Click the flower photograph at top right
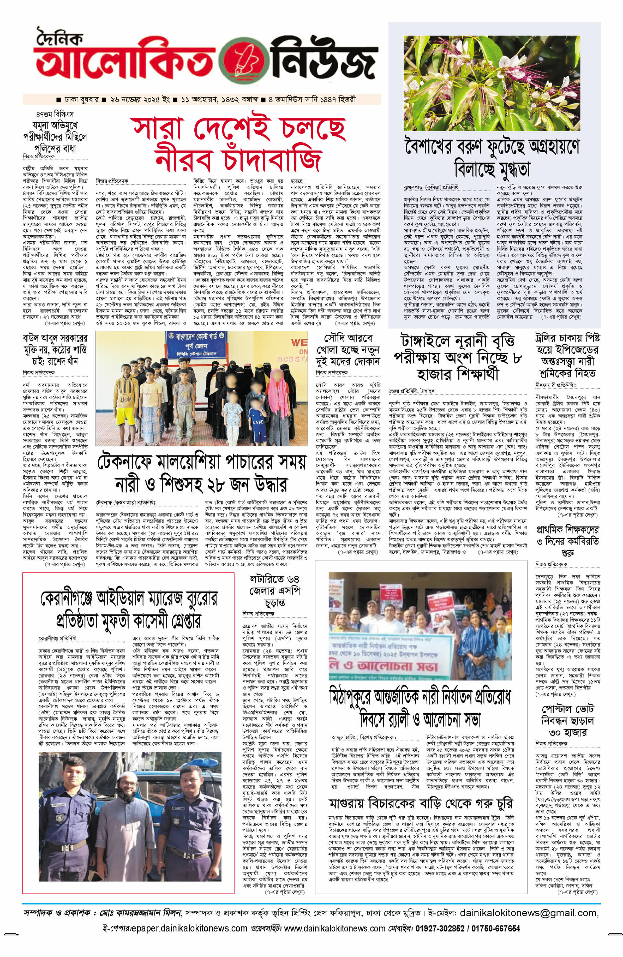tap(494, 82)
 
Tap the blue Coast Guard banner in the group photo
tap(201, 345)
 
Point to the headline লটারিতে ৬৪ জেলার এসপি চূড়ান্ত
tap(275, 591)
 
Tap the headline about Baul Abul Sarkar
tap(55, 349)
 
